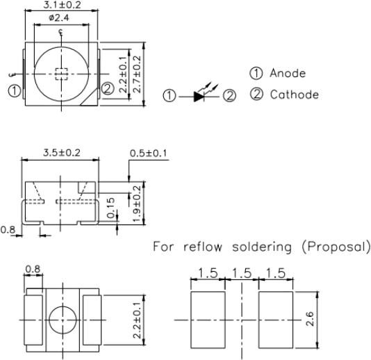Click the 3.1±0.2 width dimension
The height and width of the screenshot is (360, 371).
pyautogui.click(x=62, y=5)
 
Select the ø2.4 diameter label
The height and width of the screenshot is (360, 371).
pyautogui.click(x=59, y=18)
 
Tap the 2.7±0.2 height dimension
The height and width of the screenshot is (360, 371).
pyautogui.click(x=137, y=74)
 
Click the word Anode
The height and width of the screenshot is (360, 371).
pyautogui.click(x=288, y=73)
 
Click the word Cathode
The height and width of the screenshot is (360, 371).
pyautogui.click(x=295, y=95)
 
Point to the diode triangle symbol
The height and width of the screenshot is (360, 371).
pyautogui.click(x=199, y=97)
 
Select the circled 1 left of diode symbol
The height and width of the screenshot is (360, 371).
pyautogui.click(x=170, y=96)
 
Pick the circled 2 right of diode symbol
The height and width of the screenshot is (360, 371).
pyautogui.click(x=229, y=96)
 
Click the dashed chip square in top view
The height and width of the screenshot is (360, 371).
pyautogui.click(x=62, y=74)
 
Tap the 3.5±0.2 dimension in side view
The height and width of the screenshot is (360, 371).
pyautogui.click(x=62, y=153)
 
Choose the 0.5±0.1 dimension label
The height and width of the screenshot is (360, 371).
pyautogui.click(x=149, y=153)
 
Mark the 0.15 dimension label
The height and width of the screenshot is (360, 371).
pyautogui.click(x=110, y=208)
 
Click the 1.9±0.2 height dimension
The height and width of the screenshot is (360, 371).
pyautogui.click(x=137, y=204)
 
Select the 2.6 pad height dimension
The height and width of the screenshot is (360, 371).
pyautogui.click(x=310, y=319)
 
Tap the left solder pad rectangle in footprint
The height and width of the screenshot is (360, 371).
pyautogui.click(x=208, y=320)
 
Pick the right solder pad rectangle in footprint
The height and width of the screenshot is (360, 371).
pyautogui.click(x=276, y=320)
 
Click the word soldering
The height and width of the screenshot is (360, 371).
pyautogui.click(x=262, y=247)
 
